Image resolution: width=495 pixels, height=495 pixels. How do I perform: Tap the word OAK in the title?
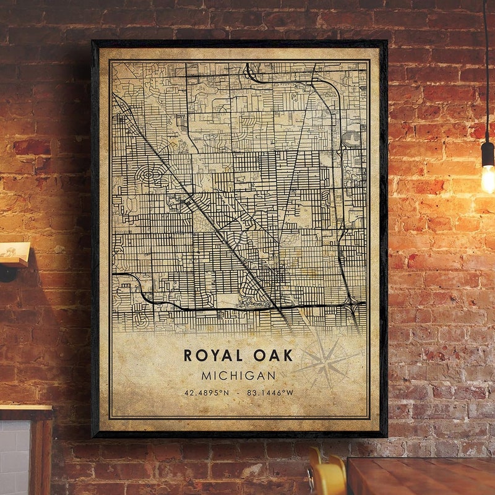[x=273, y=355]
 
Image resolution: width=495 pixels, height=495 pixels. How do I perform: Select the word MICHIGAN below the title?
[x=238, y=376]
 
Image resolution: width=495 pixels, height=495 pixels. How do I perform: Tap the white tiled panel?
[x=14, y=458]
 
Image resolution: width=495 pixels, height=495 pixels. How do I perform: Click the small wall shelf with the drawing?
[x=14, y=253]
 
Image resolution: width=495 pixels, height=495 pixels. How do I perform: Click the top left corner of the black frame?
[x=93, y=42]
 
